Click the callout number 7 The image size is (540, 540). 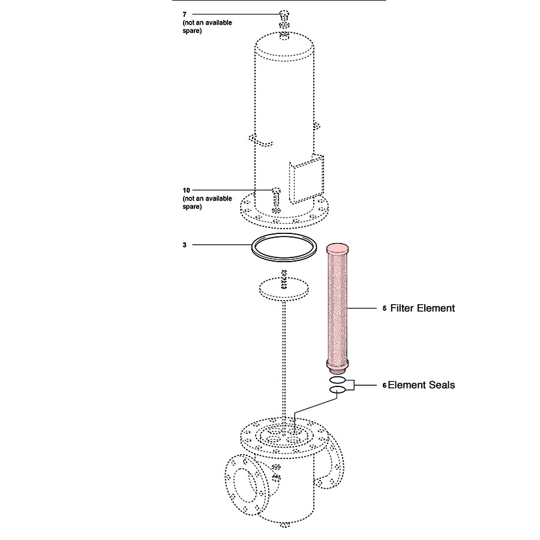click(x=185, y=13)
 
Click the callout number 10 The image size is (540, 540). click(x=186, y=190)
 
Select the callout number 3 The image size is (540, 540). click(x=185, y=245)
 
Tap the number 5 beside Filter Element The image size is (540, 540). click(x=384, y=309)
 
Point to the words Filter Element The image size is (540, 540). click(x=422, y=308)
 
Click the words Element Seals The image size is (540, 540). click(x=421, y=385)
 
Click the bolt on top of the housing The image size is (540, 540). click(x=284, y=14)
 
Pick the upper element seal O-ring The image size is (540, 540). click(x=338, y=380)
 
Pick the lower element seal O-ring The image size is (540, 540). click(x=338, y=391)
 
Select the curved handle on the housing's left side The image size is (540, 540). click(x=260, y=140)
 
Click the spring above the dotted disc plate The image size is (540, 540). click(x=284, y=276)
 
